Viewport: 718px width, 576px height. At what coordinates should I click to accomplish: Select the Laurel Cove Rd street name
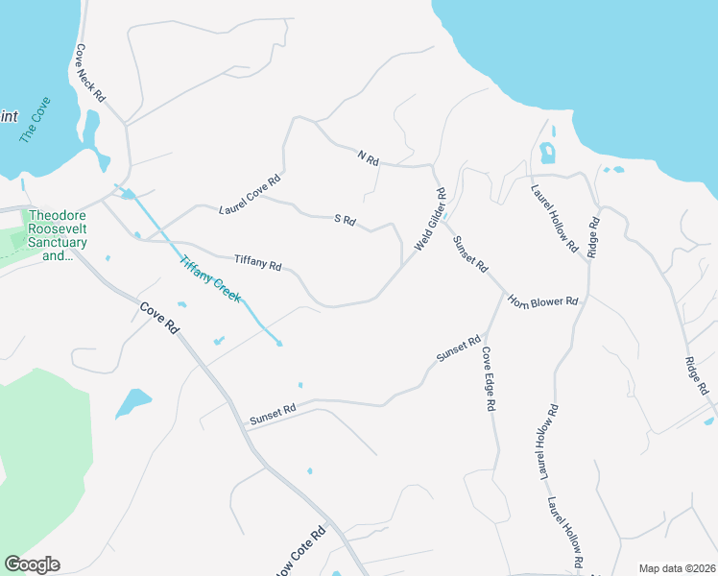pos(250,194)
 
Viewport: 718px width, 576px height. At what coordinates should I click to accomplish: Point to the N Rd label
pos(369,156)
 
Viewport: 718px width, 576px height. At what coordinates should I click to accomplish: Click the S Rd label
pos(346,221)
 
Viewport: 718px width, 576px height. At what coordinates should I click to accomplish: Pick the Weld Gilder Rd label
pos(431,220)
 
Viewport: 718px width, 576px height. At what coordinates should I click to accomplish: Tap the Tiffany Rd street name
pos(258,262)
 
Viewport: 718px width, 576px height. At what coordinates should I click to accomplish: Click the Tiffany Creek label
pos(209,277)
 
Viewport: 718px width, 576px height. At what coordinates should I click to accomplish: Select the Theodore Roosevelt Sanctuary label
pos(58,236)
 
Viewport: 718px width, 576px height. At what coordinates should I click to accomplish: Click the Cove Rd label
pos(159,318)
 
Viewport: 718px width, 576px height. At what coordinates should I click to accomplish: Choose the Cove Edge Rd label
pos(489,379)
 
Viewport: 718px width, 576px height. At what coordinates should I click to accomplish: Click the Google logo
pos(32,564)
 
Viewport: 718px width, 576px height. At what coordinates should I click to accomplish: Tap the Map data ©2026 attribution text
pos(677,568)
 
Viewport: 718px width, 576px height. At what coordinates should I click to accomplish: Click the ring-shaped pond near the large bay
pos(547,152)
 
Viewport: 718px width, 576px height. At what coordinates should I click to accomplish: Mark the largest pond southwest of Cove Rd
pos(133,402)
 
